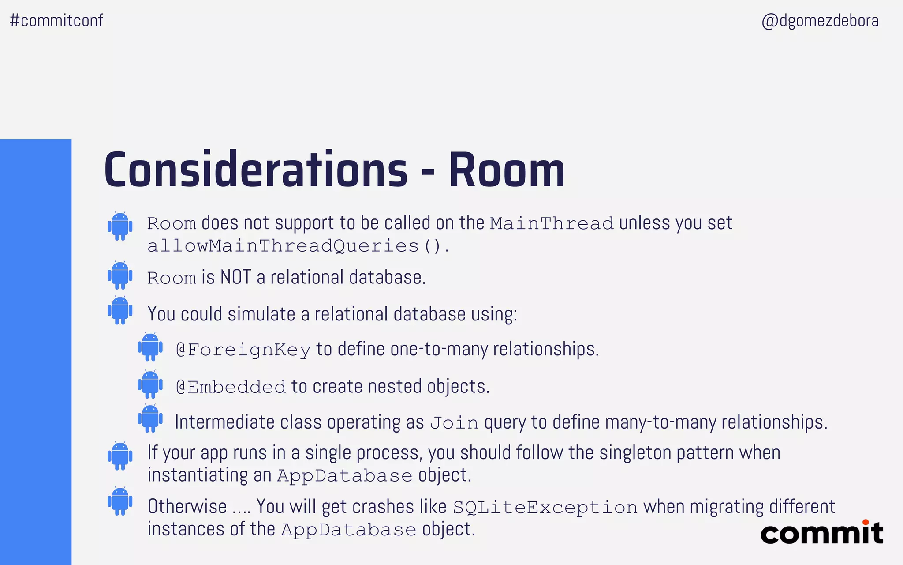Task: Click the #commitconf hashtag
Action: tap(56, 21)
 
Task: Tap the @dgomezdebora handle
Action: tap(820, 21)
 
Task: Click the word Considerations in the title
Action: tap(256, 170)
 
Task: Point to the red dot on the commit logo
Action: tap(866, 522)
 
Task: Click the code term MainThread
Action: tap(551, 223)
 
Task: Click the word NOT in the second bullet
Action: tap(235, 278)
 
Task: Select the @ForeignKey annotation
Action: tap(243, 350)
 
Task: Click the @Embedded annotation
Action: tap(231, 387)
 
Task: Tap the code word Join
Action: tap(454, 423)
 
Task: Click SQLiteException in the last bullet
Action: tap(545, 507)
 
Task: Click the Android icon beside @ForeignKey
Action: tap(150, 347)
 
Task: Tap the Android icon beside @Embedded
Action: tap(150, 384)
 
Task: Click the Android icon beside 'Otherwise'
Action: tap(120, 501)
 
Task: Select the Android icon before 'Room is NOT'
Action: tap(120, 275)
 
